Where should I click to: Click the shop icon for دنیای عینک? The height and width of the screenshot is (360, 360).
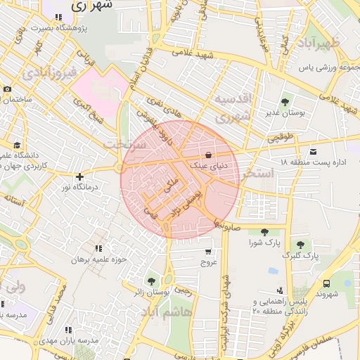click(209, 155)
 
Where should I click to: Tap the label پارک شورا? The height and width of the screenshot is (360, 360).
click(264, 243)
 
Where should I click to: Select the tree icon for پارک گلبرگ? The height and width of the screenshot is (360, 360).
click(301, 245)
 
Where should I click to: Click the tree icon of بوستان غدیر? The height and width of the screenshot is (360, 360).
click(285, 103)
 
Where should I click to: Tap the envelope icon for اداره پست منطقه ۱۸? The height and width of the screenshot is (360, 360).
click(313, 152)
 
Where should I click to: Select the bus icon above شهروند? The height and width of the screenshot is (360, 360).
click(326, 283)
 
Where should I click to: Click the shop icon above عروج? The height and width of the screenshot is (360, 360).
click(208, 251)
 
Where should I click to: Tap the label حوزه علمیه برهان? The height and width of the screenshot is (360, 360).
click(98, 259)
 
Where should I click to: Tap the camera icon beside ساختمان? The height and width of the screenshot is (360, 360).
click(7, 89)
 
